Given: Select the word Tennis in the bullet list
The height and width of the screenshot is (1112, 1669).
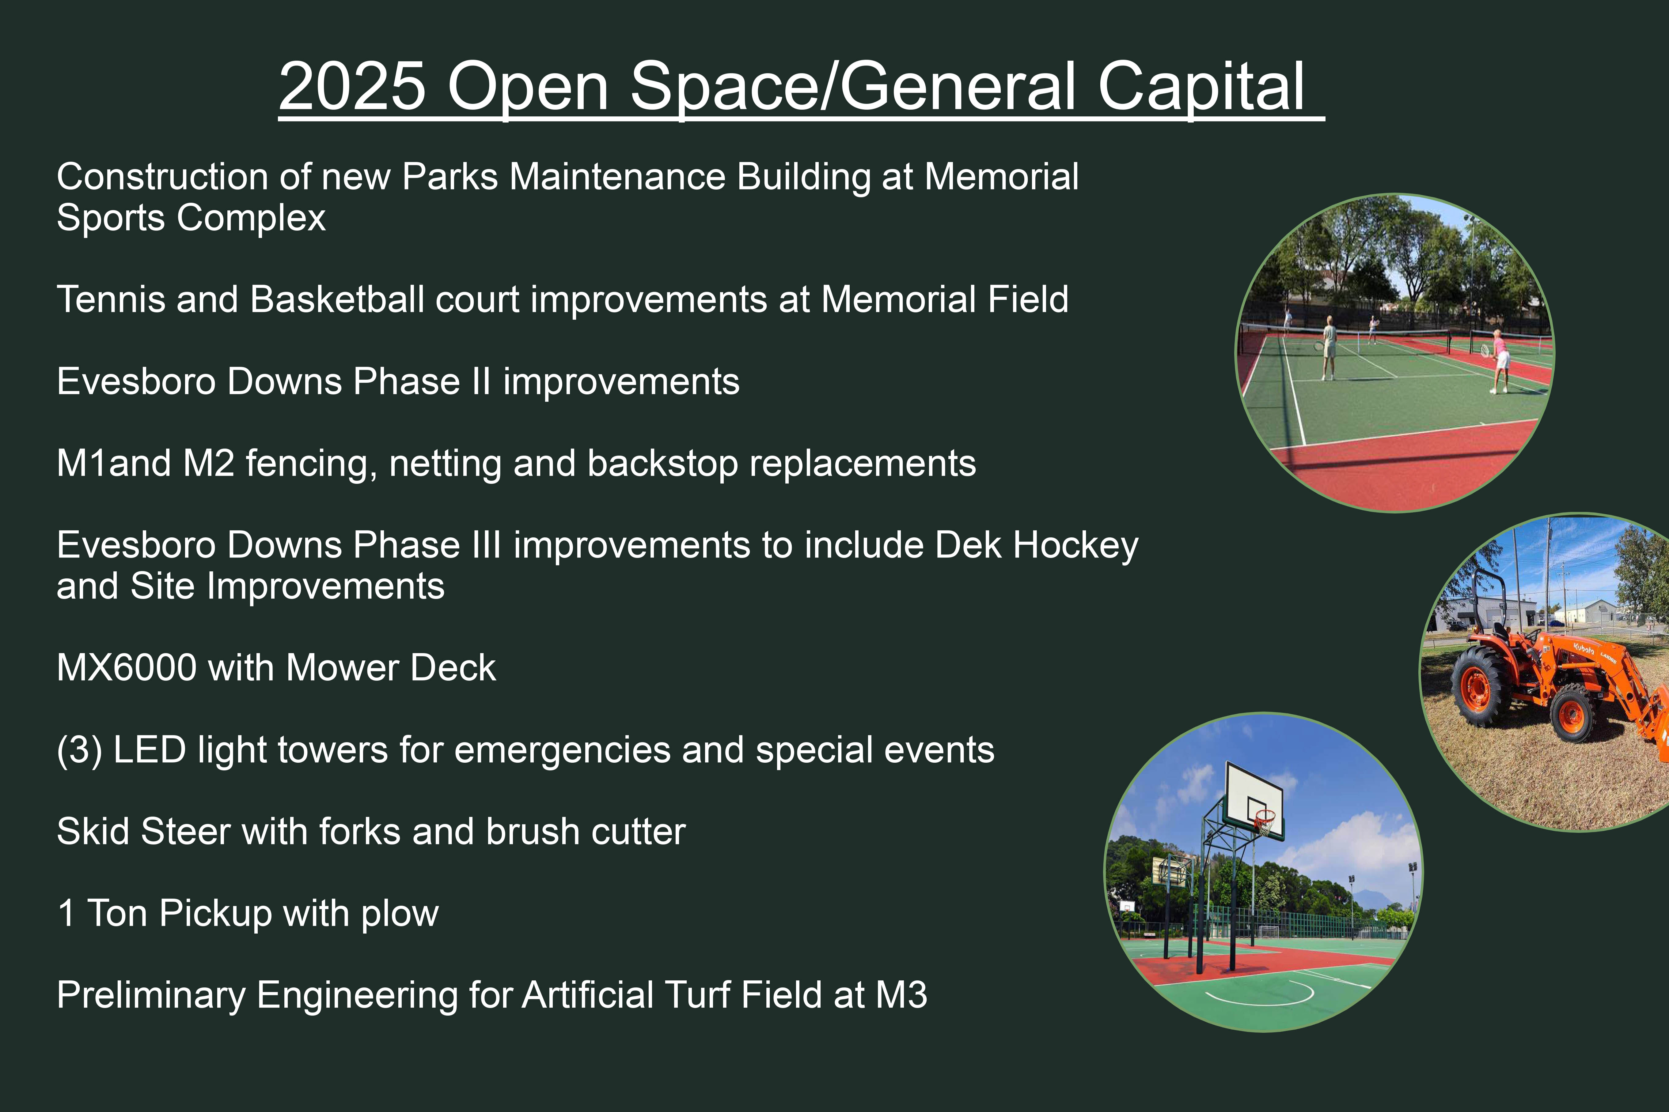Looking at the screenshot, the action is tap(111, 299).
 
